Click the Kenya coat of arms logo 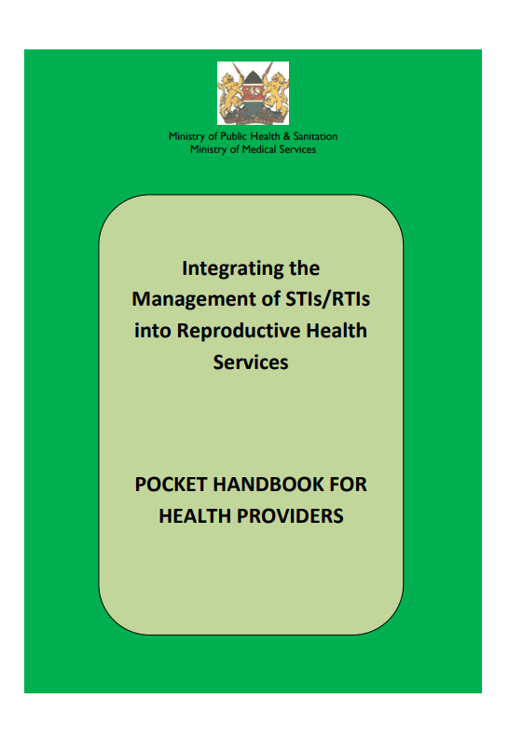click(253, 93)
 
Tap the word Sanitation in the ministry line click(315, 136)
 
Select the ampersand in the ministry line click(286, 136)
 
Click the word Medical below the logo click(259, 149)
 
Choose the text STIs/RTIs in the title click(327, 299)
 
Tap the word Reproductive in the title click(239, 331)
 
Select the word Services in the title click(251, 363)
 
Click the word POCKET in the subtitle click(172, 485)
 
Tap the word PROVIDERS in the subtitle click(290, 516)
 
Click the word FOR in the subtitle click(348, 485)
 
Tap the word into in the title click(153, 331)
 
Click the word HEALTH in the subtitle click(195, 516)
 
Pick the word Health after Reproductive click(337, 331)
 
